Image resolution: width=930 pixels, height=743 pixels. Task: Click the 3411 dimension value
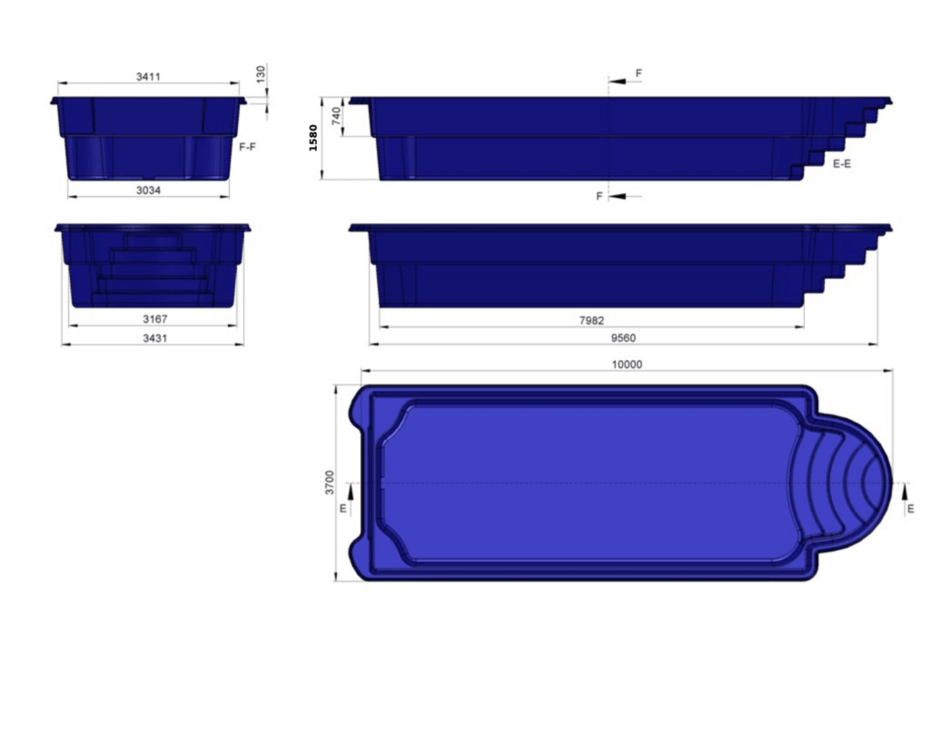148,77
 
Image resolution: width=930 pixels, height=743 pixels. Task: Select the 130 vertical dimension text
262,73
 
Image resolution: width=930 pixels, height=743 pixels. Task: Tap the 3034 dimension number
148,191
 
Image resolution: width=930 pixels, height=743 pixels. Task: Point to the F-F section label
247,146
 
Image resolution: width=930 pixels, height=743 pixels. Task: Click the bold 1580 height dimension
314,138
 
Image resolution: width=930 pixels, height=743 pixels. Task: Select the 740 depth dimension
336,116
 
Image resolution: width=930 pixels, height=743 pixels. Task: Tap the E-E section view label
842,164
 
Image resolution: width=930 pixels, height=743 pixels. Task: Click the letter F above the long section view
638,73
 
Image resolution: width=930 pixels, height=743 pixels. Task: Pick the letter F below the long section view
599,196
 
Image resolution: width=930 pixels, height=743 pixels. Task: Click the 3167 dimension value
154,319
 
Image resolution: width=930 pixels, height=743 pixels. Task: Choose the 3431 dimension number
154,338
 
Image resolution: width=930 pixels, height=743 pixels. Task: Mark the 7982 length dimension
591,320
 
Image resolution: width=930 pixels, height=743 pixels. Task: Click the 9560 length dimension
623,338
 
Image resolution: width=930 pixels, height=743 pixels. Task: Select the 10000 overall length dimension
627,365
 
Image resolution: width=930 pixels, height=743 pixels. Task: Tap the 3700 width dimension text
330,483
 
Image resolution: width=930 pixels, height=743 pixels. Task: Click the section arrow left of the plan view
351,494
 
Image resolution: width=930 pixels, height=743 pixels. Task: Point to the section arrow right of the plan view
905,494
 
